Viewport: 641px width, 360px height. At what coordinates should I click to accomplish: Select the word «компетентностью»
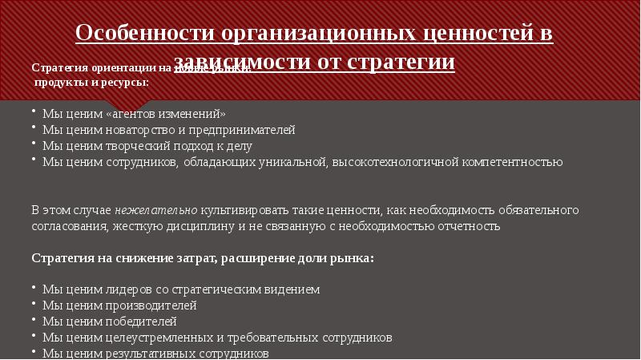[x=503, y=161]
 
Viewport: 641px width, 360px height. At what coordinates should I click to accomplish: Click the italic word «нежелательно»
[x=156, y=210]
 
